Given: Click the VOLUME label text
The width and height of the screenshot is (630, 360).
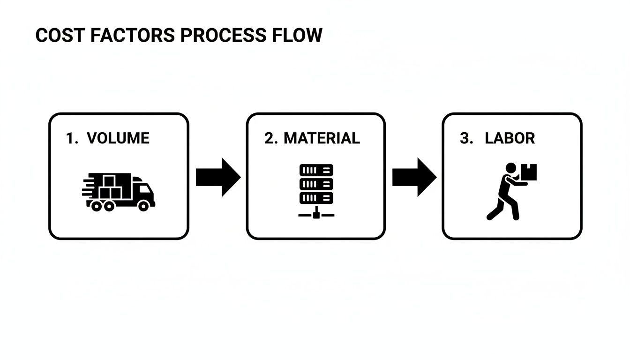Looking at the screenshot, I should point(118,138).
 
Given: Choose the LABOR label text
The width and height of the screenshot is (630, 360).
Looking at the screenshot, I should point(510,138).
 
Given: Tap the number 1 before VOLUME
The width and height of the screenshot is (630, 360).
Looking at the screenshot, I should point(70,138).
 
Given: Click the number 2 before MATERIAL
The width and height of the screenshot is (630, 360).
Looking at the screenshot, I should point(270,138).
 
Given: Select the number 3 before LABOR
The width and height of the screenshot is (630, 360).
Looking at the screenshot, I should point(465,138).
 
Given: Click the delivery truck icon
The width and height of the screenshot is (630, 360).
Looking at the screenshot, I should point(119,191).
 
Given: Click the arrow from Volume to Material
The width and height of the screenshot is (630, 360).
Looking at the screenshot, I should point(217,177).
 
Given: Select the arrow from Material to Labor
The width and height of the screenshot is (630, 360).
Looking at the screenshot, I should point(414,177).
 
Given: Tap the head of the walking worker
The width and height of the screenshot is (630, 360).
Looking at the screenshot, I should point(511,168).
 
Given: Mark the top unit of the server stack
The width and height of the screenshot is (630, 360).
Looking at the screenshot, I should point(316,170).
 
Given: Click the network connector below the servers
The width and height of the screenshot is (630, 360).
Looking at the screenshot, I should point(316,215).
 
